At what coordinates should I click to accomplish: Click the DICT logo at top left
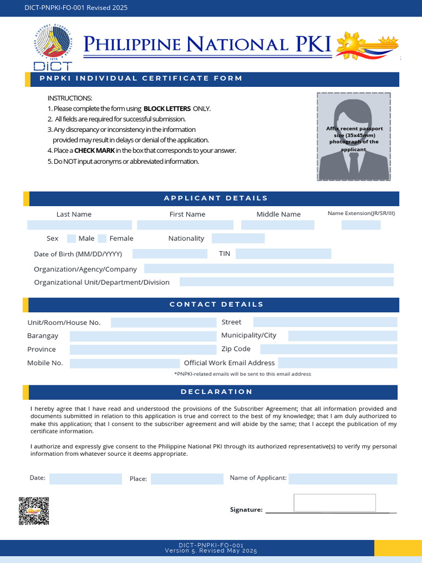pyautogui.click(x=52, y=48)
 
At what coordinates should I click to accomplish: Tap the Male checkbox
pyautogui.click(x=71, y=239)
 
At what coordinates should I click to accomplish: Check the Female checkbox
pyautogui.click(x=102, y=239)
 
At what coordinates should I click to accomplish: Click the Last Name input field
pyautogui.click(x=80, y=225)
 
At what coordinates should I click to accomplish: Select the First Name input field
pyautogui.click(x=185, y=225)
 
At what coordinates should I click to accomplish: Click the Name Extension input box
pyautogui.click(x=361, y=225)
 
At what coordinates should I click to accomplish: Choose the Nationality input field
pyautogui.click(x=238, y=239)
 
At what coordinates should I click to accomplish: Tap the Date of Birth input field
pyautogui.click(x=169, y=254)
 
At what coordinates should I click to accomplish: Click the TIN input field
pyautogui.click(x=283, y=254)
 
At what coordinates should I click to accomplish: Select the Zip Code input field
pyautogui.click(x=328, y=349)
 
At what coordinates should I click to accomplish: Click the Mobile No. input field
pyautogui.click(x=125, y=363)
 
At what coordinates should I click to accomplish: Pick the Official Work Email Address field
pyautogui.click(x=337, y=363)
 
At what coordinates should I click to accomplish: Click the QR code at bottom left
pyautogui.click(x=34, y=511)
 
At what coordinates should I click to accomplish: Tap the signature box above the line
pyautogui.click(x=335, y=503)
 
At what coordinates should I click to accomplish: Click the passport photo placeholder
pyautogui.click(x=354, y=136)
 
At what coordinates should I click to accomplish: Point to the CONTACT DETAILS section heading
pyautogui.click(x=216, y=305)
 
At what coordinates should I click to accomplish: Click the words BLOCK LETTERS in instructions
pyautogui.click(x=166, y=109)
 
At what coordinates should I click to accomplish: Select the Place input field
pyautogui.click(x=187, y=479)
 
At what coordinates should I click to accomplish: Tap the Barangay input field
pyautogui.click(x=143, y=336)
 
